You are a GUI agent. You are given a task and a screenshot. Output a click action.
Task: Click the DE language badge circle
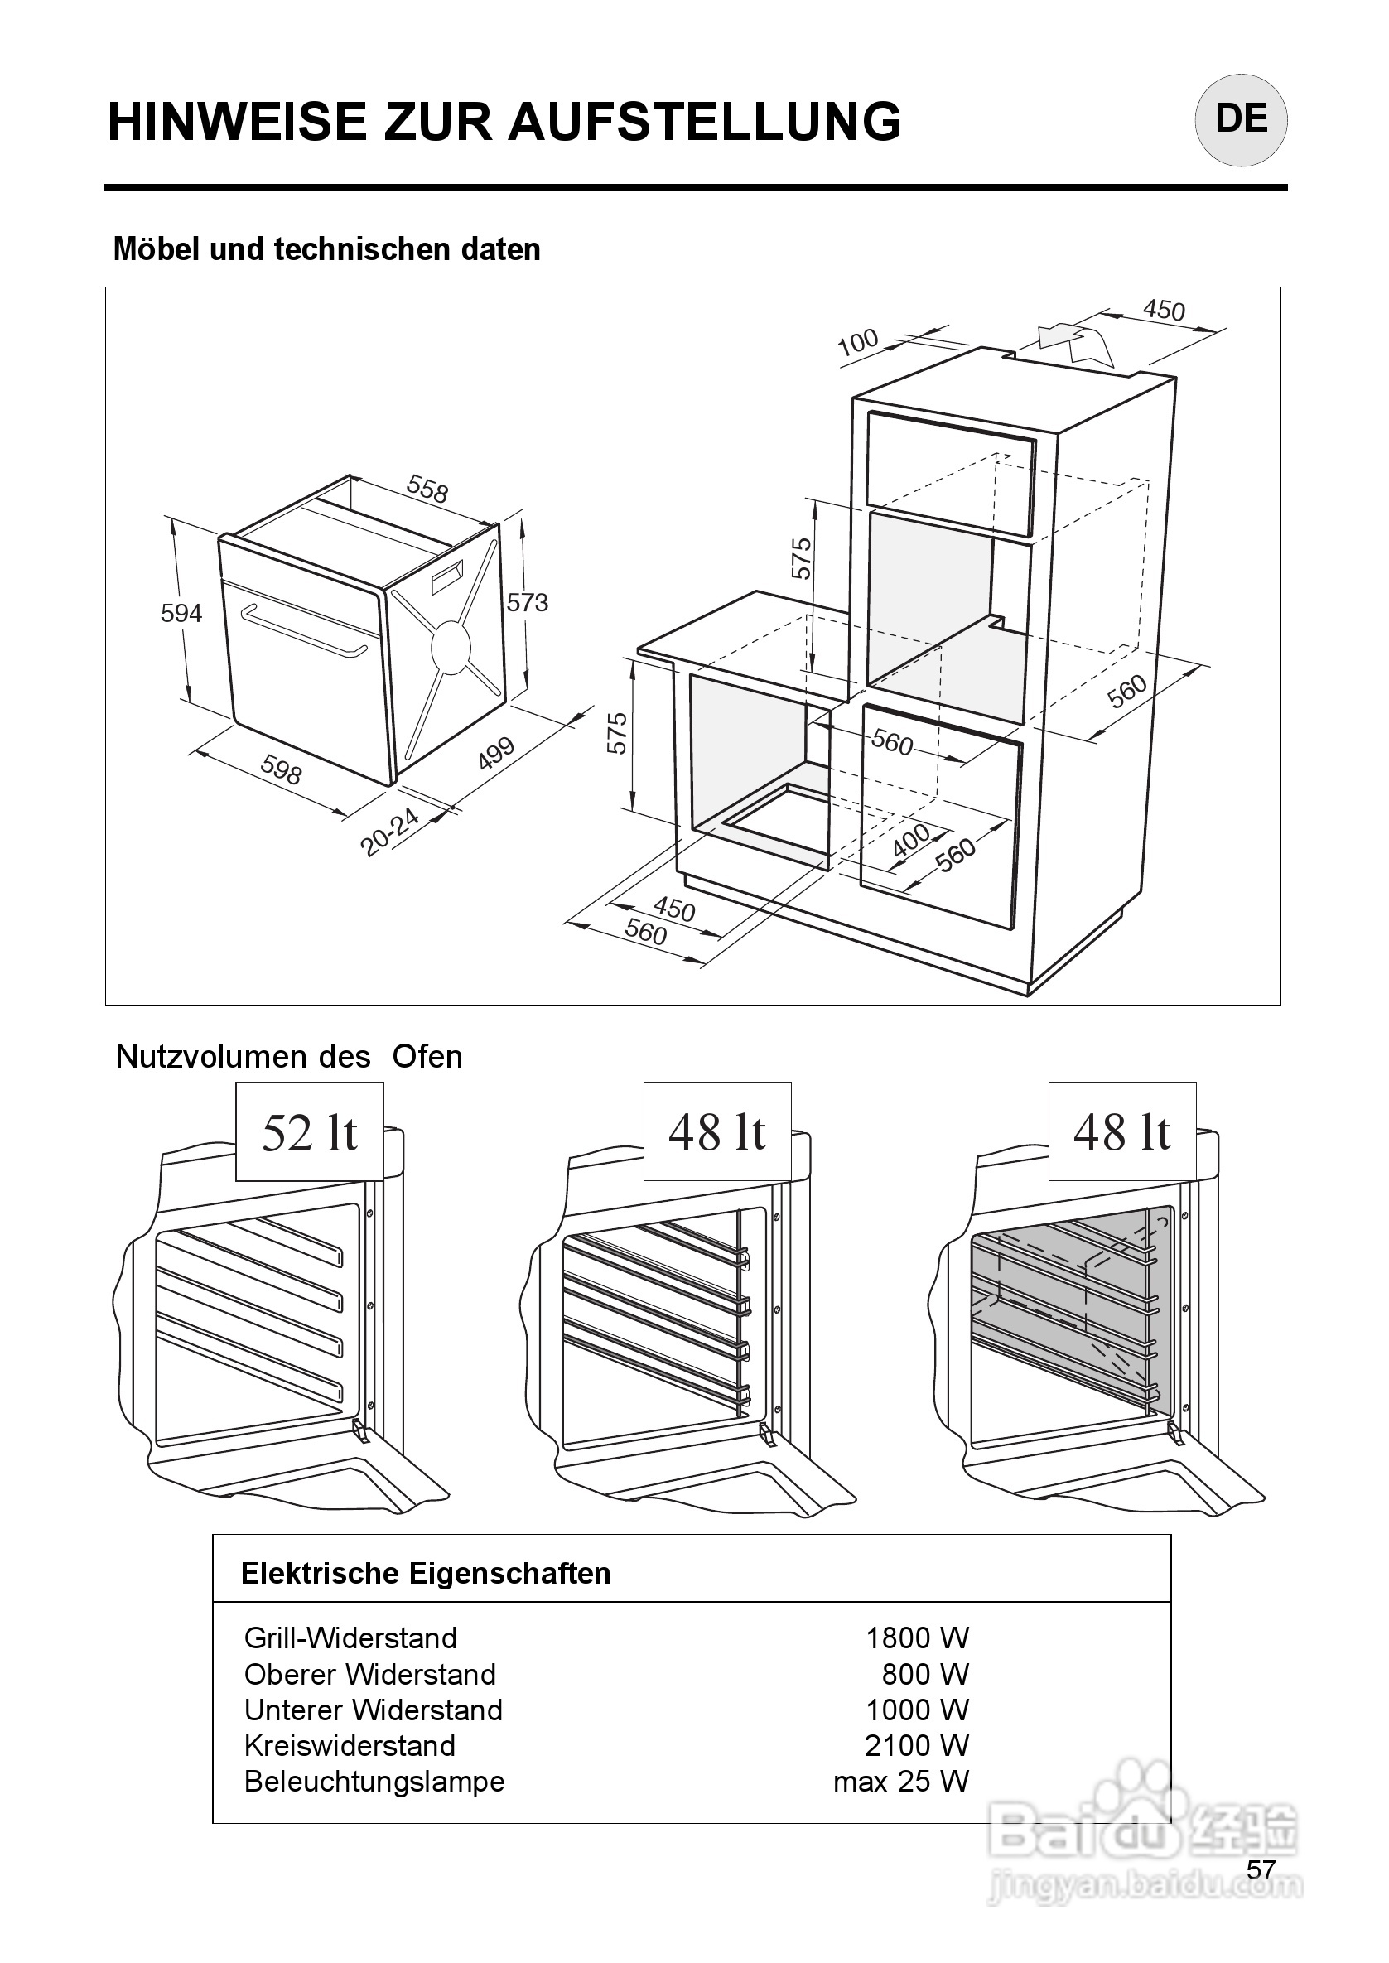tap(1240, 120)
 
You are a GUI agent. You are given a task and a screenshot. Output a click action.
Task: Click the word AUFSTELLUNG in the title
tap(705, 122)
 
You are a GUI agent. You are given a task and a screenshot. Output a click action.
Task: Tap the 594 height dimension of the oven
tap(181, 613)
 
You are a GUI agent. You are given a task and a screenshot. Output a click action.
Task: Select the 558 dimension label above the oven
tap(427, 490)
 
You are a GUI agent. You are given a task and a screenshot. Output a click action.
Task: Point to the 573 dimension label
tap(527, 603)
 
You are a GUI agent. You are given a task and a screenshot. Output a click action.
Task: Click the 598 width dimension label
tap(282, 769)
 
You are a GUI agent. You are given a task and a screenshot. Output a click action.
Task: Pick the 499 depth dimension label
tap(496, 753)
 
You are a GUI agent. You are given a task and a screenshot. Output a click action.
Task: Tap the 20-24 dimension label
tap(390, 832)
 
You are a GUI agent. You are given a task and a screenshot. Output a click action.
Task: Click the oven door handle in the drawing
tap(304, 631)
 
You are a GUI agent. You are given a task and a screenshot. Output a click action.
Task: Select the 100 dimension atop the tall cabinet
tap(858, 341)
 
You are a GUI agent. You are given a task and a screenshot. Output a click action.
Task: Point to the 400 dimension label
tap(912, 840)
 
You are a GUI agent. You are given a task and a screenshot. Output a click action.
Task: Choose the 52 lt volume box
tap(310, 1132)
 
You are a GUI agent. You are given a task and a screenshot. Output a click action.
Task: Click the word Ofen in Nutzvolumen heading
tap(427, 1057)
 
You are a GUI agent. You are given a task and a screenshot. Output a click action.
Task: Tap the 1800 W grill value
tap(917, 1638)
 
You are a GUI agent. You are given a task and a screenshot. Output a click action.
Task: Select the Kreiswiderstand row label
tap(350, 1746)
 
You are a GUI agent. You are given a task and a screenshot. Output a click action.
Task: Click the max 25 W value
tap(900, 1782)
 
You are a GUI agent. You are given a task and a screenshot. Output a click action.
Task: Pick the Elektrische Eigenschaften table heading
tap(426, 1574)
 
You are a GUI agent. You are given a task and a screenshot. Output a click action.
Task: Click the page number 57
tap(1261, 1869)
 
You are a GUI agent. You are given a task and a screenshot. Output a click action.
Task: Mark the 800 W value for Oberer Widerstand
tap(924, 1674)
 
